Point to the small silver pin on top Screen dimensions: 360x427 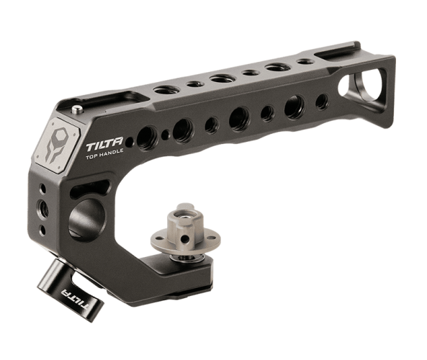coord(77,110)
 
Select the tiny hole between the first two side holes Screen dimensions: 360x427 coord(165,135)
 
